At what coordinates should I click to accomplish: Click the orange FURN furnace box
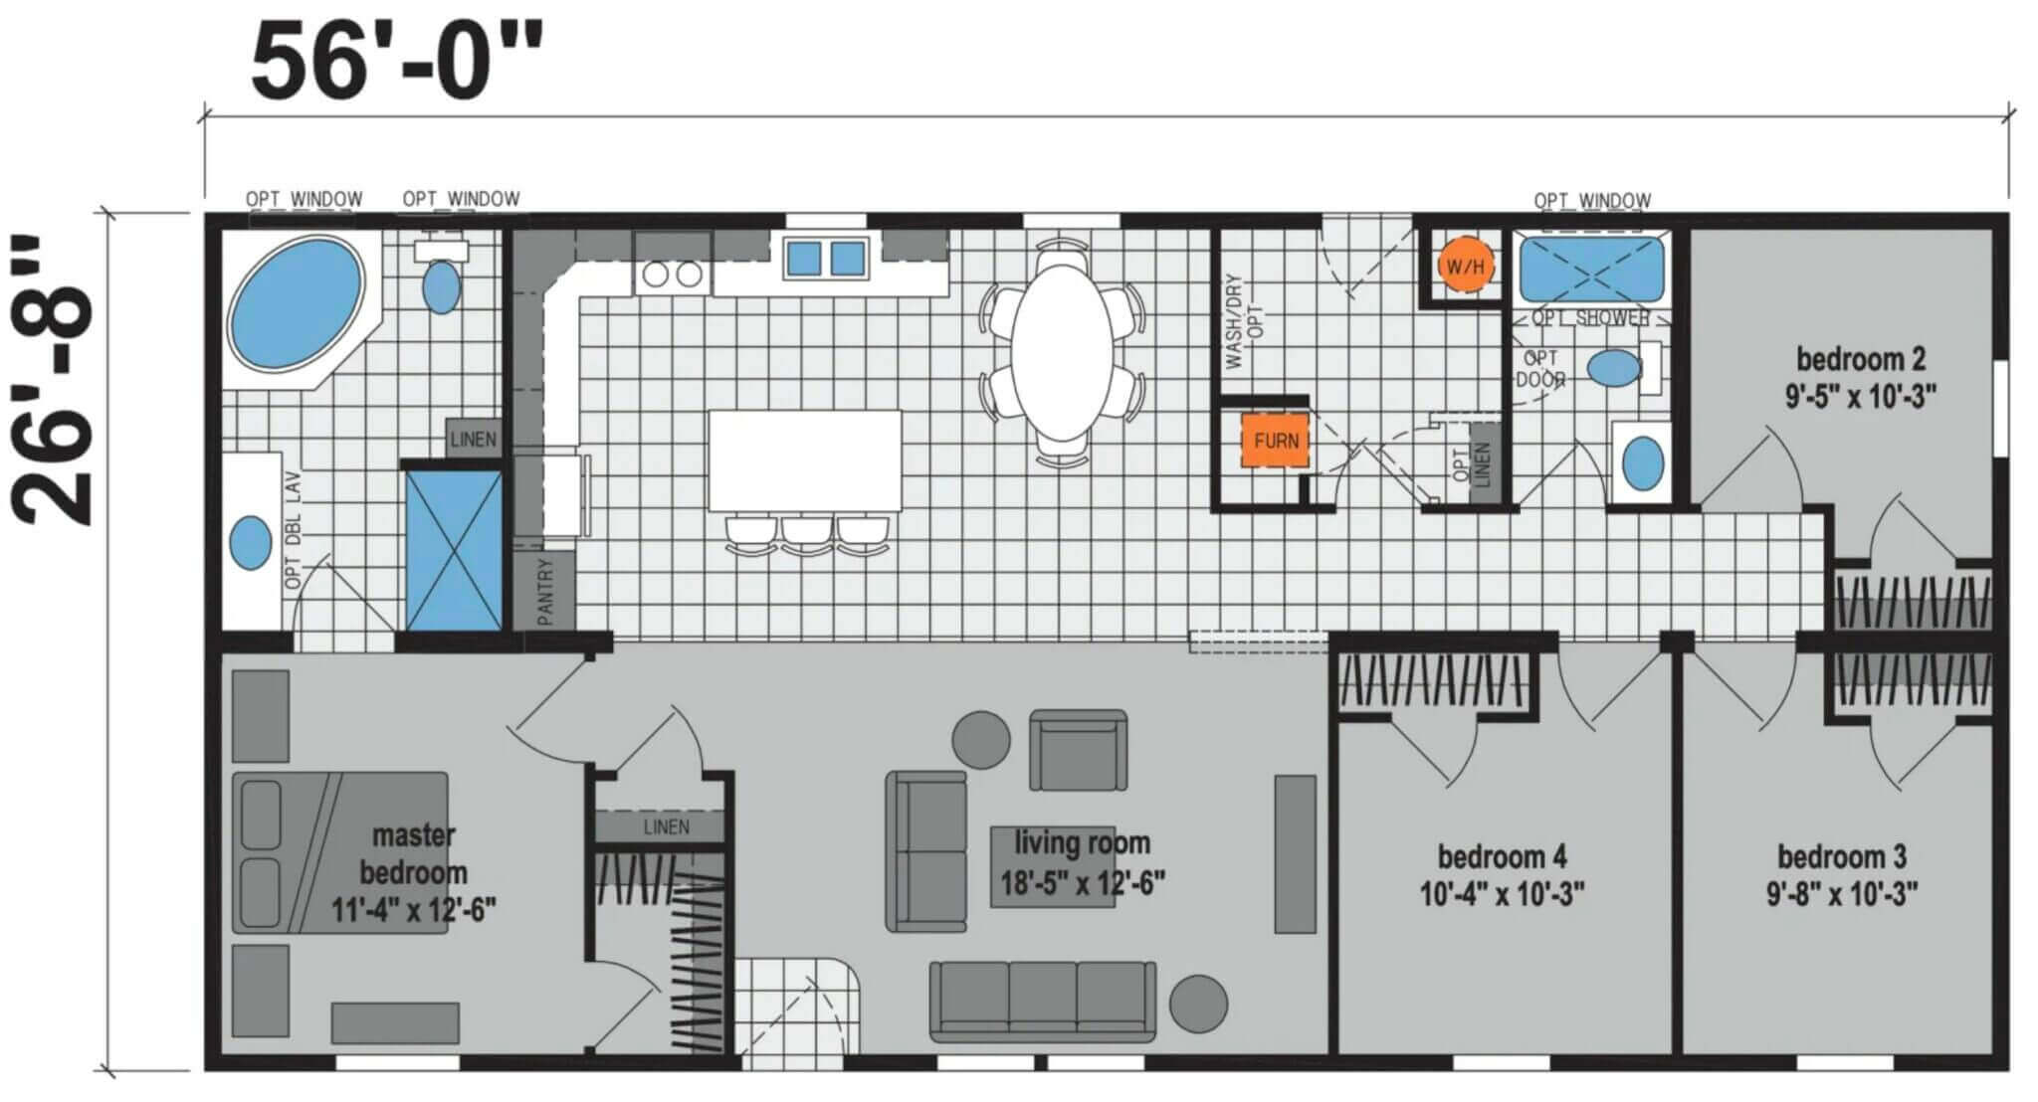click(1275, 440)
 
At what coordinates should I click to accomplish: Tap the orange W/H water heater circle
click(1465, 266)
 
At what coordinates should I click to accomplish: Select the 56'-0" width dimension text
click(398, 62)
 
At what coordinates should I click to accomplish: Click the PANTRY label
click(544, 591)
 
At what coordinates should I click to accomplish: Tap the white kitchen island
click(805, 460)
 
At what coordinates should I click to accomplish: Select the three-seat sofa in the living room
click(1043, 1002)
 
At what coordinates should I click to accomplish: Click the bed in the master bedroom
click(340, 852)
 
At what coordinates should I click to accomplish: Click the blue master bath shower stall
click(454, 549)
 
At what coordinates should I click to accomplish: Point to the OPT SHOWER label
click(1591, 318)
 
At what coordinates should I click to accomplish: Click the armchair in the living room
click(1078, 750)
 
